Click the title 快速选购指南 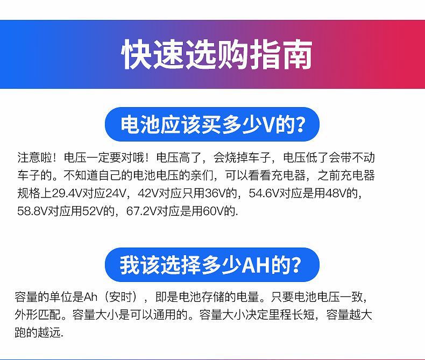click(217, 55)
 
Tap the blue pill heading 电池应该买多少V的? click(212, 124)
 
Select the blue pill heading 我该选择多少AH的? click(212, 265)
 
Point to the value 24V click(116, 193)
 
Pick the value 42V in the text click(148, 193)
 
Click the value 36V click(216, 193)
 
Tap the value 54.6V click(264, 193)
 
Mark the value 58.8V click(32, 211)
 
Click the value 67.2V click(141, 211)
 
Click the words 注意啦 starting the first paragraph click(34, 158)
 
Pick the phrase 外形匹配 click(38, 315)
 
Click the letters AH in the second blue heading click(256, 265)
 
